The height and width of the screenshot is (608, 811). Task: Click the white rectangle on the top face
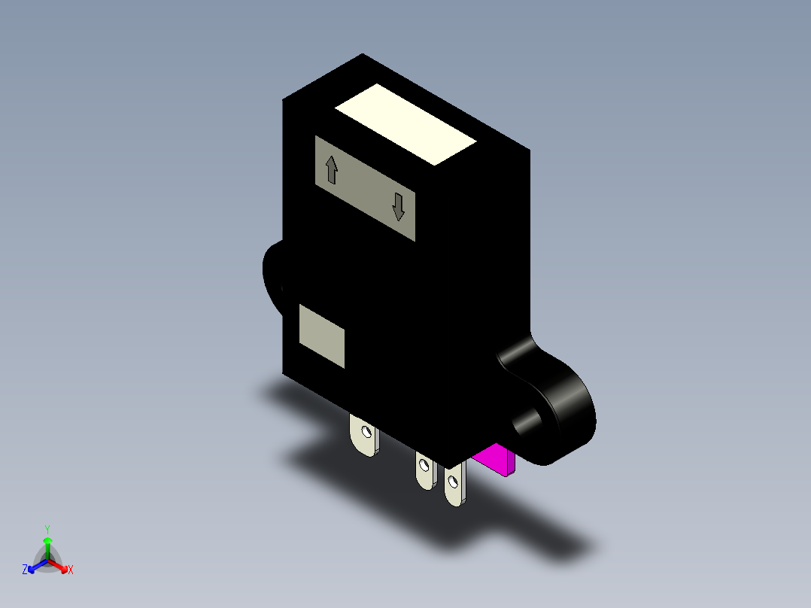pos(405,125)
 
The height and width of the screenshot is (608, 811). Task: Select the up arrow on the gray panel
pos(332,170)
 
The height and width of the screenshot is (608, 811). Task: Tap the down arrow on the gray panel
pos(398,207)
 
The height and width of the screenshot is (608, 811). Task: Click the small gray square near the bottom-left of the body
pos(322,336)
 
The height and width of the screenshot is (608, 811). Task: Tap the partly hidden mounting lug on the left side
pos(272,277)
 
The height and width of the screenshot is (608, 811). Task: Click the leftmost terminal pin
pos(364,436)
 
